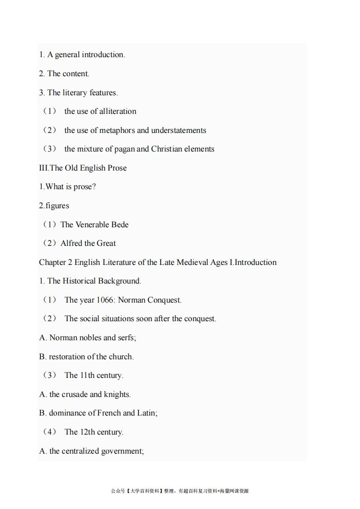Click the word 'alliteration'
(x=118, y=111)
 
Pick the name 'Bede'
(x=120, y=225)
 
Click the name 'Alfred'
(x=71, y=243)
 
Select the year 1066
(x=105, y=300)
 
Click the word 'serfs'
(x=127, y=338)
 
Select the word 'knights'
(x=117, y=394)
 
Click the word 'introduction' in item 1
(x=103, y=54)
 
